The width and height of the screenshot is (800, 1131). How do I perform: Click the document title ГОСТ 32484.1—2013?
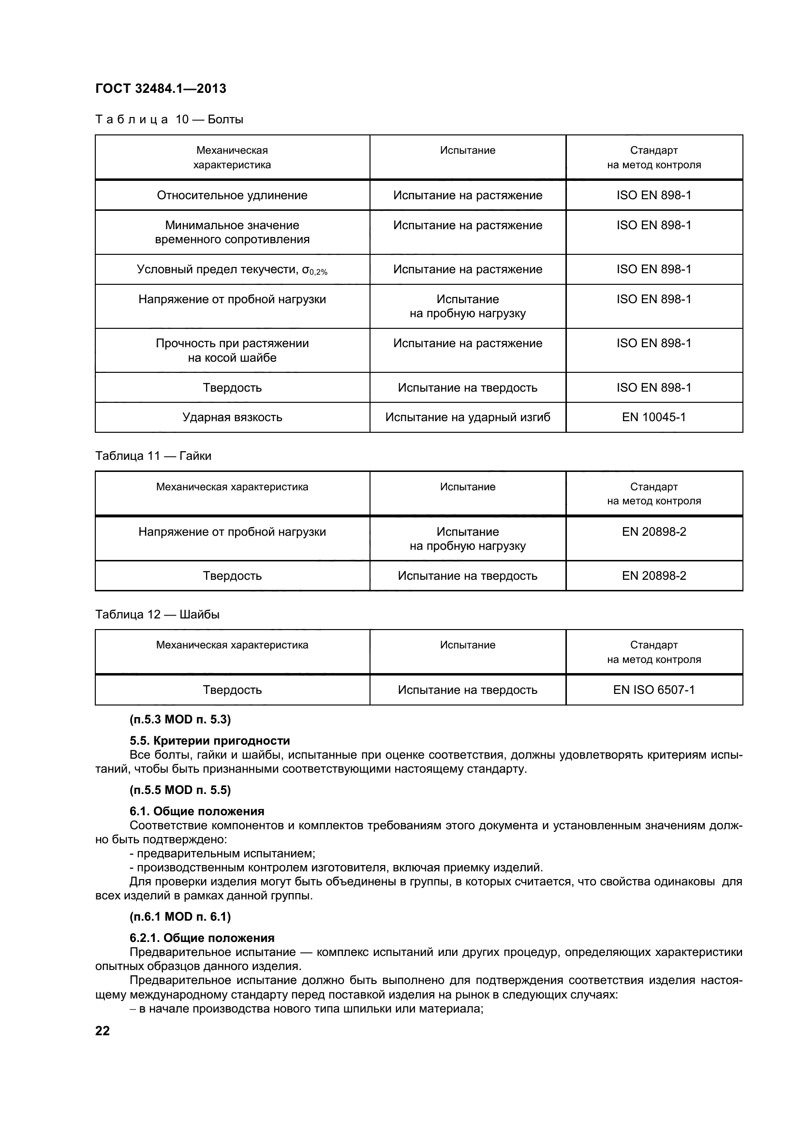tap(161, 88)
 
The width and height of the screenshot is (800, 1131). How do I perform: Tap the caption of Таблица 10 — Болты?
tap(169, 120)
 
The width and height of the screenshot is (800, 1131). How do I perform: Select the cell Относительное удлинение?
tap(232, 195)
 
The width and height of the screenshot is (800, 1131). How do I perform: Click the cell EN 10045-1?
tap(654, 417)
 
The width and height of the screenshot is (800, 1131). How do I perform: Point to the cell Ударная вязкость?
tap(232, 417)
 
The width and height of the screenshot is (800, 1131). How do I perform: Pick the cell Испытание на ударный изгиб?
tap(468, 417)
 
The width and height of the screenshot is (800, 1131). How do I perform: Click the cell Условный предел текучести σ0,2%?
tap(232, 269)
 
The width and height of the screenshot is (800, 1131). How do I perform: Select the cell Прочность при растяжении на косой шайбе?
tap(232, 350)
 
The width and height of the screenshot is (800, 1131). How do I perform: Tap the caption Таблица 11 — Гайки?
tap(153, 456)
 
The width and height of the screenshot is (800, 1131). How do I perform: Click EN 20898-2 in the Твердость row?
tap(654, 576)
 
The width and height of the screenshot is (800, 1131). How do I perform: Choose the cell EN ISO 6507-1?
tap(654, 690)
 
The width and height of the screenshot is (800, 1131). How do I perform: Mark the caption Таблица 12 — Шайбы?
tap(157, 615)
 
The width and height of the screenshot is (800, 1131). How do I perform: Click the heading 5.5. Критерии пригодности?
tap(209, 741)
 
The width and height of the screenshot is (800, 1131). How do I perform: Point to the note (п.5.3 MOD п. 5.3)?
tap(180, 720)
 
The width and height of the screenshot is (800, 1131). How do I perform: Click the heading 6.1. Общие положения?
tap(196, 811)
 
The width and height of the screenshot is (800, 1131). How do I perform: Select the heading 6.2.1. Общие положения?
tap(202, 938)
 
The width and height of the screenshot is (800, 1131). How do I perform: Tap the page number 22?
tap(103, 1030)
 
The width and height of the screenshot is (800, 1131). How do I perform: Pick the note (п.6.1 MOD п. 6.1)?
tap(180, 917)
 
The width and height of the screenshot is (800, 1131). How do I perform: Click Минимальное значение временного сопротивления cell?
tap(232, 233)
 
